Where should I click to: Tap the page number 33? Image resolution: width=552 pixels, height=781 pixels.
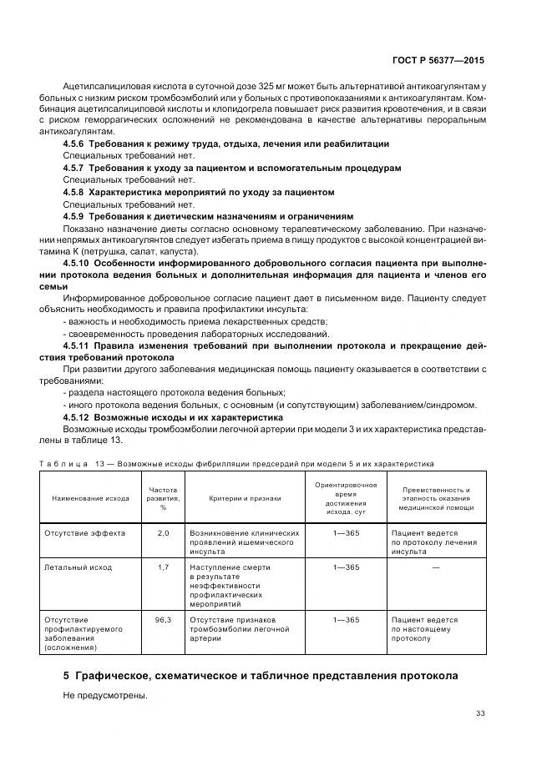[479, 713]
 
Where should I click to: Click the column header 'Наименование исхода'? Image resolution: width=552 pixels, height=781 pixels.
[90, 498]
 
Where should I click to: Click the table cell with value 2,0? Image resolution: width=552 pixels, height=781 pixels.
[163, 532]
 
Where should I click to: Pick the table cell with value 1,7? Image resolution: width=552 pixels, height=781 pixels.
[163, 567]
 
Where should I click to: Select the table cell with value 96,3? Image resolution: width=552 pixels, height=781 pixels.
[163, 620]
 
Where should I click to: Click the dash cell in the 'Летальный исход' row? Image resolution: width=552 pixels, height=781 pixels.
[436, 567]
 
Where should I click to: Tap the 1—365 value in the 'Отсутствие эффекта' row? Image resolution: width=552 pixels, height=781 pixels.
[346, 532]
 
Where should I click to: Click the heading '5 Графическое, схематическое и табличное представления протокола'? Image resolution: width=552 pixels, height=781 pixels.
[261, 674]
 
